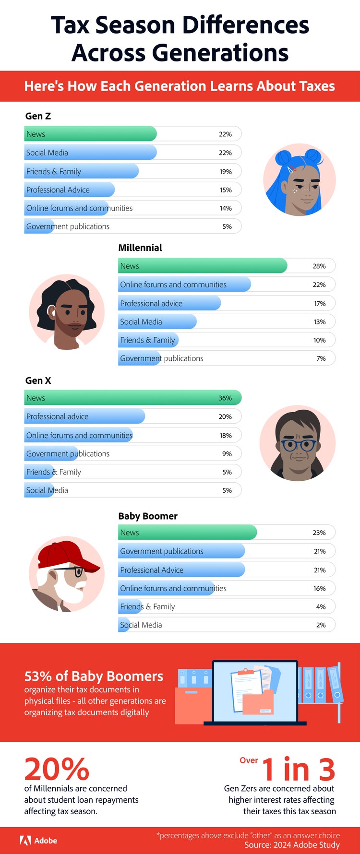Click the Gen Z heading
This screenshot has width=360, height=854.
pos(38,116)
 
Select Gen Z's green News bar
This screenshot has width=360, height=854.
pos(90,134)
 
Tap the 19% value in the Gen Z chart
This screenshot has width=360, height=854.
pos(226,171)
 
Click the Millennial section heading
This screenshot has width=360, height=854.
pos(140,248)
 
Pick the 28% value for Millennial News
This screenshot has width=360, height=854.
pos(319,266)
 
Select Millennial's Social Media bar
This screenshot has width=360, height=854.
pos(157,322)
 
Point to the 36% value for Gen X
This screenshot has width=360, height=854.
pos(225,398)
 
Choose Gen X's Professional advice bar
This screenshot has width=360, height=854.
pos(84,416)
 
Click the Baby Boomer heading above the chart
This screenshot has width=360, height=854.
pos(148,516)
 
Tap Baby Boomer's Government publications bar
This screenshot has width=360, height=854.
pos(181,551)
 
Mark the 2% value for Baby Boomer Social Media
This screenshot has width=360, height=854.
pos(321,625)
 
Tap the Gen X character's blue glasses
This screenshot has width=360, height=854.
pos(299,445)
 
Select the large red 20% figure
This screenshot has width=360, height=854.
pos(57,769)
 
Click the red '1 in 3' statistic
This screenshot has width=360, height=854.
pos(298,769)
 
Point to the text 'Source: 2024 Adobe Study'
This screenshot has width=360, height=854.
pos(292,845)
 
